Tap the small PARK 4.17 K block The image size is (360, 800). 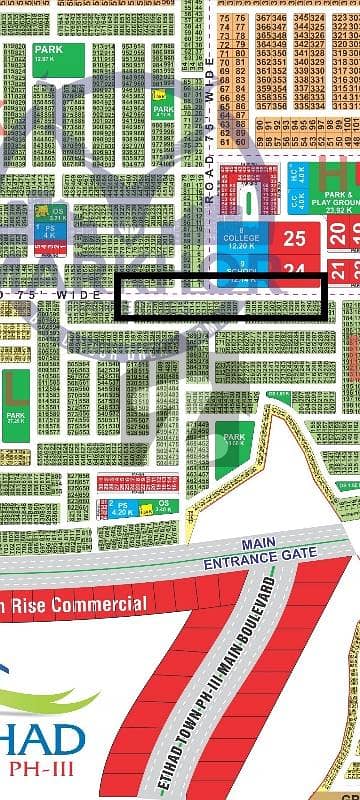pos(164,107)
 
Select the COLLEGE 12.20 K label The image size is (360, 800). pos(236,239)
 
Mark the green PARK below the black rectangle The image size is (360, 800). pos(235,439)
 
